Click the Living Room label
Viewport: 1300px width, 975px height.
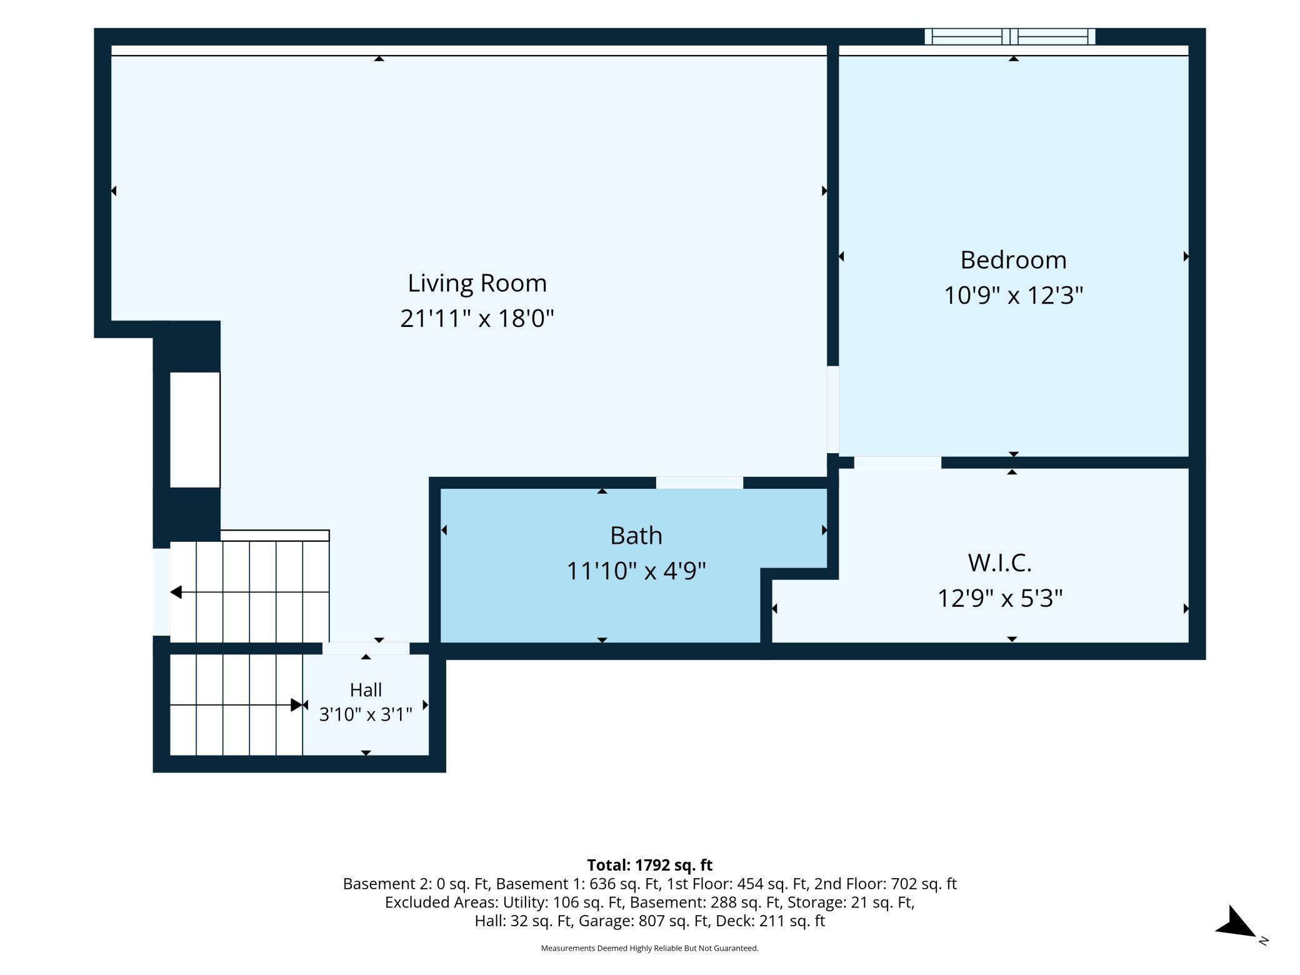[477, 283]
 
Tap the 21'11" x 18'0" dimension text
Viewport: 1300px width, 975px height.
[477, 319]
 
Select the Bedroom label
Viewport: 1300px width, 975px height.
[1013, 260]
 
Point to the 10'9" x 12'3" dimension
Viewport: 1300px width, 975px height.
[1013, 295]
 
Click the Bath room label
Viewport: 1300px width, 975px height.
[636, 536]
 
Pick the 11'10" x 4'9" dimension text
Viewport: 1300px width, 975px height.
[636, 571]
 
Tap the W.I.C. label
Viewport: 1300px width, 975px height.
[999, 562]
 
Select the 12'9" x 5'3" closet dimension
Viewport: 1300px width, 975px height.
[999, 598]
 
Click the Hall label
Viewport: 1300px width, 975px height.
[366, 690]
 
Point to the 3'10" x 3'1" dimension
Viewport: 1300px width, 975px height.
[366, 714]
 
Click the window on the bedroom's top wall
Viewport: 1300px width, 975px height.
[1010, 37]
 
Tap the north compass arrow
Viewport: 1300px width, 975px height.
[1236, 924]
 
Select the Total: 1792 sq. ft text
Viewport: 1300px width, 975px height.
[649, 865]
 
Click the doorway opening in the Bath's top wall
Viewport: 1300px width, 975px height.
[699, 482]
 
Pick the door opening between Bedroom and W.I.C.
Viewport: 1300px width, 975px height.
[897, 462]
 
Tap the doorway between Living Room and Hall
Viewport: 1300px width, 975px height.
[366, 648]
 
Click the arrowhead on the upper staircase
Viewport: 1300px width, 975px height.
[176, 592]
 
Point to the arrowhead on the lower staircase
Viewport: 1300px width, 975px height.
[297, 705]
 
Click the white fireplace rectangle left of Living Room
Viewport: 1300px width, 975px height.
[195, 430]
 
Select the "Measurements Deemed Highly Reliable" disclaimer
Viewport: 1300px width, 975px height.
[649, 948]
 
